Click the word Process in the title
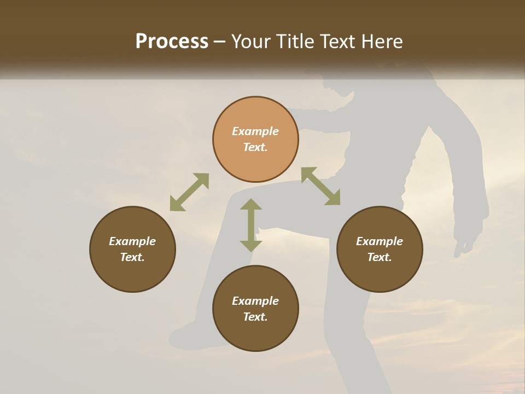pos(172,42)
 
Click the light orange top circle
pos(255,139)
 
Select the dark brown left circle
pos(132,249)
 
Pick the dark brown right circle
pos(380,249)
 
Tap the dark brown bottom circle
pos(255,308)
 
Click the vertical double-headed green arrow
pos(251,225)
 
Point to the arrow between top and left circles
pos(189,192)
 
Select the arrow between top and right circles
pos(320,186)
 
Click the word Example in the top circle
pos(255,131)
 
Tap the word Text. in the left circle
pos(132,257)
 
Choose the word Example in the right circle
pos(380,241)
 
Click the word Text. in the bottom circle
pos(255,317)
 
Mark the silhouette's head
pos(342,82)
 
